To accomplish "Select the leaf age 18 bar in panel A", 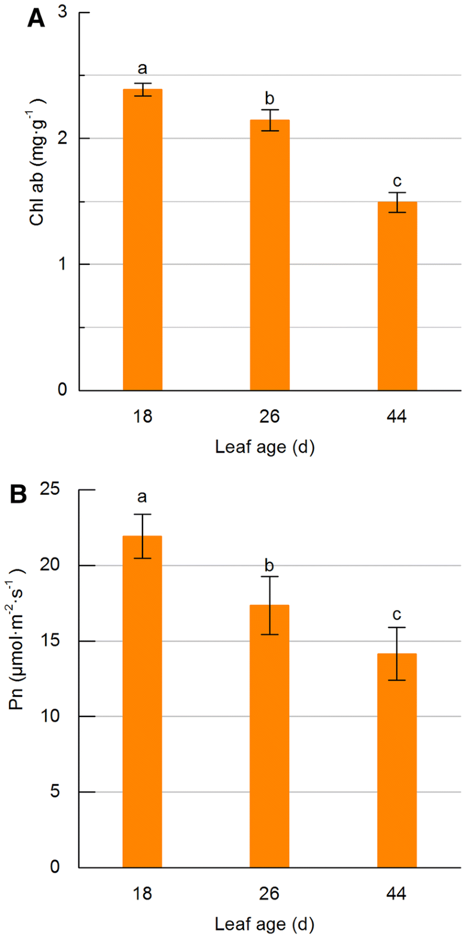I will pyautogui.click(x=142, y=240).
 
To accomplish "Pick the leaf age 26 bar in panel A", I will pyautogui.click(x=270, y=255).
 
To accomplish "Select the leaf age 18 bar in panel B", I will pyautogui.click(x=142, y=702).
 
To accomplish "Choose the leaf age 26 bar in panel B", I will pyautogui.click(x=270, y=736).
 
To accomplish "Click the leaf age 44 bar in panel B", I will pyautogui.click(x=397, y=760).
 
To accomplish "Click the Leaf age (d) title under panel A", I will pyautogui.click(x=265, y=447).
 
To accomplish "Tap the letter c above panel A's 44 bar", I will pyautogui.click(x=397, y=181).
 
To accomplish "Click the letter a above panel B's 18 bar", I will pyautogui.click(x=142, y=497).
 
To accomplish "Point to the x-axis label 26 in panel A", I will pyautogui.click(x=270, y=416).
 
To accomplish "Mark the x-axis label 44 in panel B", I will pyautogui.click(x=397, y=893).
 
